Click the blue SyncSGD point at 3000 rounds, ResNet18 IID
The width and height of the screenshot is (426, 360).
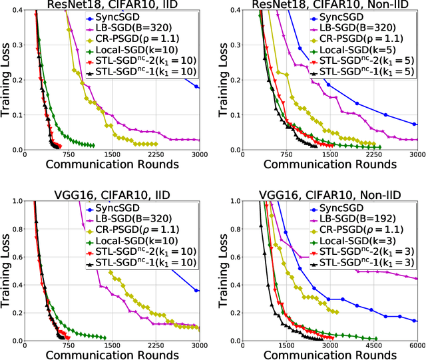197,87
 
